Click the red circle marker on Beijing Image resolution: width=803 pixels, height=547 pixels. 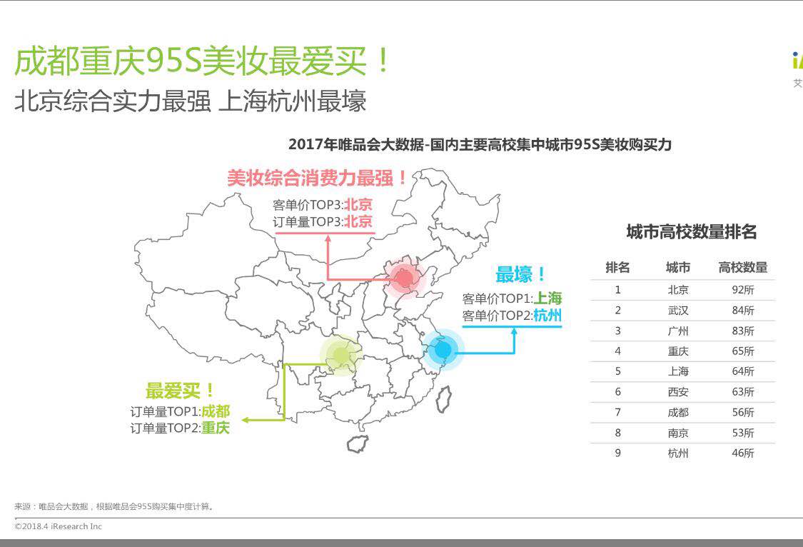[x=405, y=278]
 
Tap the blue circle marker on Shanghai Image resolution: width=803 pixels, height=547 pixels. [x=443, y=350]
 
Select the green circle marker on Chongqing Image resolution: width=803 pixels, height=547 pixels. [x=341, y=355]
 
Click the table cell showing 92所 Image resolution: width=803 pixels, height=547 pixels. [x=742, y=290]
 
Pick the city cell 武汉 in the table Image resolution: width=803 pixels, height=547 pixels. [x=677, y=311]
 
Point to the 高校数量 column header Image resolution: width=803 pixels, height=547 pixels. [x=742, y=268]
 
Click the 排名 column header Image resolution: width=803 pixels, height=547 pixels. [x=617, y=268]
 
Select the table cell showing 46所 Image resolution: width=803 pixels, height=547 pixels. [x=742, y=453]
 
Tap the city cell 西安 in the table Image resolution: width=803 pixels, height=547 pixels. [x=677, y=392]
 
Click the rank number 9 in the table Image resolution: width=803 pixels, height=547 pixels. [x=618, y=453]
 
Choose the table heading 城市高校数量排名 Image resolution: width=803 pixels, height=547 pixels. [x=691, y=232]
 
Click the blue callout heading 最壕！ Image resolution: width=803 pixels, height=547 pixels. [x=522, y=274]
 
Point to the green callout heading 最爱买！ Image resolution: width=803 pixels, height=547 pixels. [x=180, y=391]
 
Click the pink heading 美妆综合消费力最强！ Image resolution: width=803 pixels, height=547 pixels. [x=318, y=178]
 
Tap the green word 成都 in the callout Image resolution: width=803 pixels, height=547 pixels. [x=215, y=411]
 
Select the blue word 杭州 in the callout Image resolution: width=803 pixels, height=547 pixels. [x=547, y=315]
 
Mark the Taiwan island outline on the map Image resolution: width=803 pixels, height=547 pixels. [x=443, y=400]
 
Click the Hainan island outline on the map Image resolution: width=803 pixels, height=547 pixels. [x=358, y=443]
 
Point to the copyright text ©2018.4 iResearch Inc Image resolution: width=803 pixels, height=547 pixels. [x=59, y=526]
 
